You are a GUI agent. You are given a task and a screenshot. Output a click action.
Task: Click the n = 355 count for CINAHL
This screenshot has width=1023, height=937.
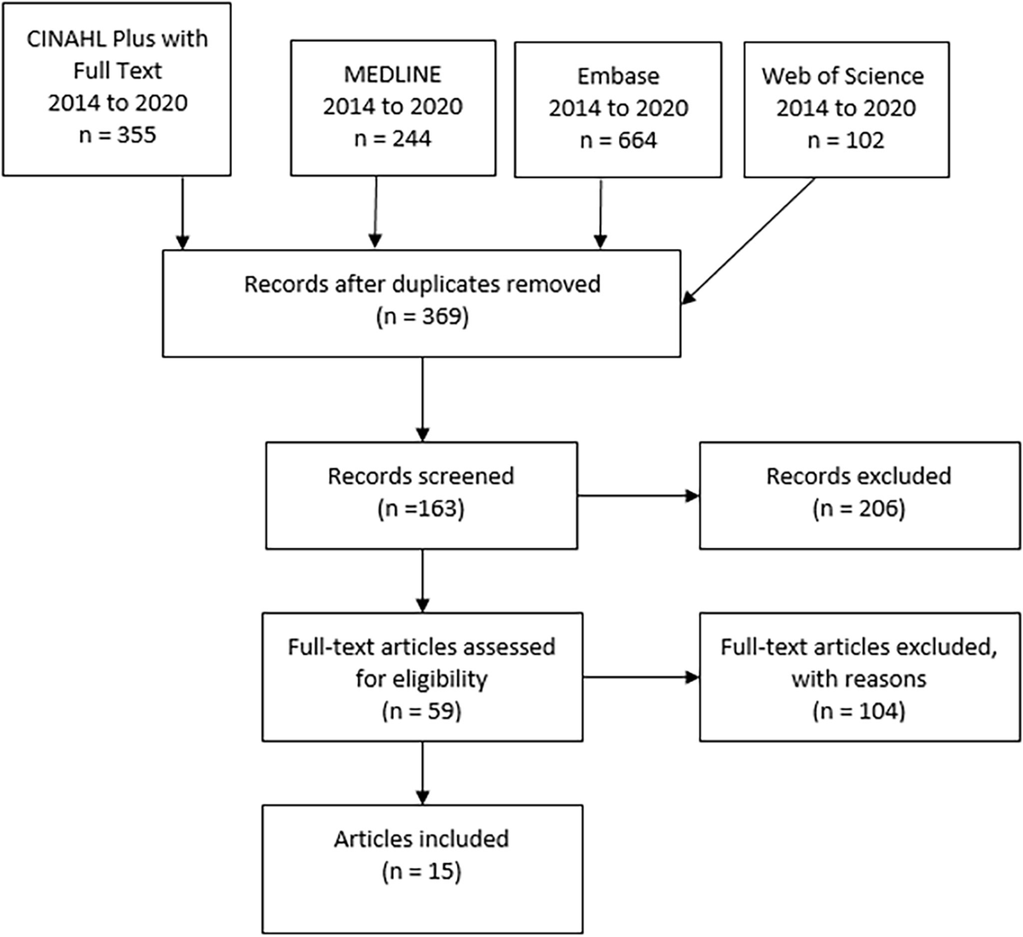click(x=117, y=134)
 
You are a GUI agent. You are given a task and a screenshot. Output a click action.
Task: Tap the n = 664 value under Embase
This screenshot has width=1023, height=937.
click(x=618, y=140)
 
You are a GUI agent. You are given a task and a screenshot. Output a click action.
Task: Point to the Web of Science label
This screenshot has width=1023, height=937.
click(x=842, y=76)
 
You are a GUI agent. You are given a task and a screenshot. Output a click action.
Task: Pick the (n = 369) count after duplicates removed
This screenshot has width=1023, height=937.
click(x=422, y=316)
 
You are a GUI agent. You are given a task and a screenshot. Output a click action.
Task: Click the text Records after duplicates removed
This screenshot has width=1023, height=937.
click(x=422, y=283)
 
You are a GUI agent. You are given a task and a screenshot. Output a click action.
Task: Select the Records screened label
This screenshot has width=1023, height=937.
click(x=421, y=476)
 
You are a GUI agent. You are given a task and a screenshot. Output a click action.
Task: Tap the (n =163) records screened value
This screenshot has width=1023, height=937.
click(x=421, y=509)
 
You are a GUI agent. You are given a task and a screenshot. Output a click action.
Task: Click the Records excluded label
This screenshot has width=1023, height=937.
click(x=858, y=476)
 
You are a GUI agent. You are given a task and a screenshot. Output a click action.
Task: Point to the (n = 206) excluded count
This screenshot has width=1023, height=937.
click(x=858, y=509)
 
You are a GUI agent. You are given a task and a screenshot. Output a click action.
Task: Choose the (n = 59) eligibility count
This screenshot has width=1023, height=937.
click(x=421, y=710)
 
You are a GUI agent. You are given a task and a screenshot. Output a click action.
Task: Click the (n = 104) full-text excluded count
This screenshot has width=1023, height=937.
click(x=858, y=710)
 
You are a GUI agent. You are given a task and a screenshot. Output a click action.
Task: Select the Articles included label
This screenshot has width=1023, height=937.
click(x=421, y=838)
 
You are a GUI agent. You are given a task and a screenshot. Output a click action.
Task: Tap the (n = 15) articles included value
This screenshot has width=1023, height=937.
click(x=421, y=871)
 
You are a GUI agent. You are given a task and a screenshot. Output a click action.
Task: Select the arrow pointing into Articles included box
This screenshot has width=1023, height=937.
click(x=422, y=772)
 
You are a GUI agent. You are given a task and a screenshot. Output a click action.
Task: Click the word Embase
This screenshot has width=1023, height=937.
click(x=618, y=76)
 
